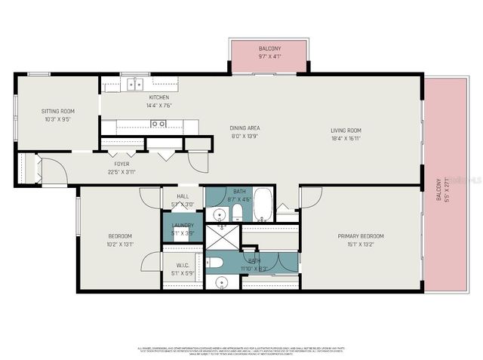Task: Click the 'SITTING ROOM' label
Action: click(58, 111)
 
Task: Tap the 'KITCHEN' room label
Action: click(158, 97)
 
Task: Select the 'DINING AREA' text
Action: click(245, 128)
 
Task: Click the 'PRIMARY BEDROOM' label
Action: click(349, 235)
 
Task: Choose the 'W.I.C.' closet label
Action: click(182, 265)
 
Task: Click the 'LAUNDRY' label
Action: click(183, 226)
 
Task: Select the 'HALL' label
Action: click(183, 195)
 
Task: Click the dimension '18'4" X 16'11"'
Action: click(346, 138)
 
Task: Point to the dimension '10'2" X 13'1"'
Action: click(120, 244)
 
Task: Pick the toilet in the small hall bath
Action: click(236, 211)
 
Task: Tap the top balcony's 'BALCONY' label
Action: click(269, 48)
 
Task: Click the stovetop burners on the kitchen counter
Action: click(158, 124)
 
